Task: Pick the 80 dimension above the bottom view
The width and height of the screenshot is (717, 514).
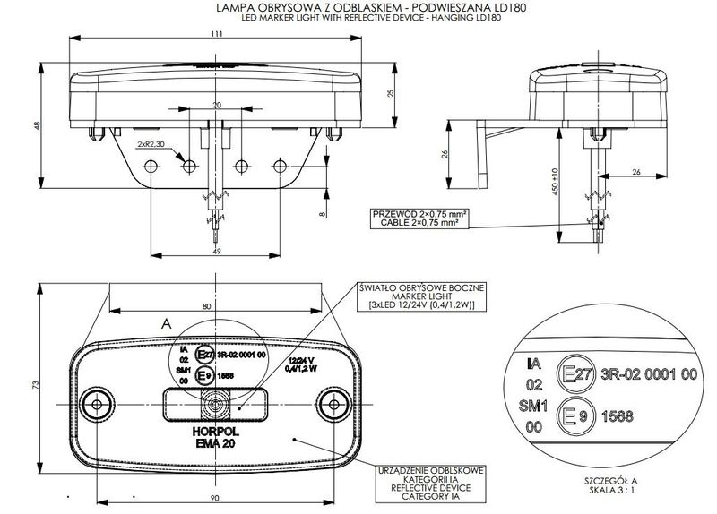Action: click(x=208, y=306)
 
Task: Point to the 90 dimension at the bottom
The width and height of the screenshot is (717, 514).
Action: click(x=215, y=496)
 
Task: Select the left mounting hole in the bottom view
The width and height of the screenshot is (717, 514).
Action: click(x=95, y=399)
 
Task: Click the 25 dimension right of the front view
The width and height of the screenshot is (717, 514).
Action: click(x=391, y=94)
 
